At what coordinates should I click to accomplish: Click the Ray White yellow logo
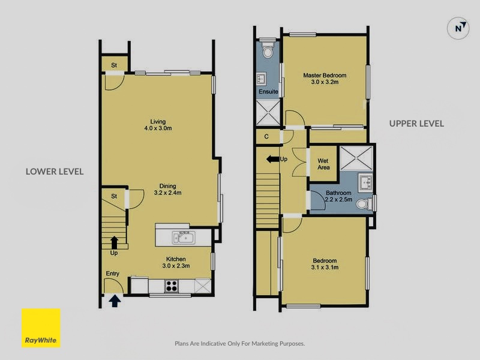coord(41,328)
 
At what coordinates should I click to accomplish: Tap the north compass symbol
coord(458,28)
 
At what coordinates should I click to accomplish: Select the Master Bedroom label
coord(325,76)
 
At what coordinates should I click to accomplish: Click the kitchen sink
coord(184,238)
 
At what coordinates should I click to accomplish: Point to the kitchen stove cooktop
coord(172,286)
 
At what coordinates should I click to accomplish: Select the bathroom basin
coord(365,182)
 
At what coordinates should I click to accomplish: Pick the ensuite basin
coord(262,79)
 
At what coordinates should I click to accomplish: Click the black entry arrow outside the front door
coord(115,301)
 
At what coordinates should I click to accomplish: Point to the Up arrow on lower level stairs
coord(114,242)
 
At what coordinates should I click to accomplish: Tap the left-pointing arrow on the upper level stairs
coord(272,159)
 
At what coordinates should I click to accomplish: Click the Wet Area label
coord(323,164)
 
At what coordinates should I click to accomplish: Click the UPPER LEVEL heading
coord(416,124)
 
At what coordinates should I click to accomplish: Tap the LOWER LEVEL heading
coord(55,172)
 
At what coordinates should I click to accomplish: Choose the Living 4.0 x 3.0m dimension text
coord(158,128)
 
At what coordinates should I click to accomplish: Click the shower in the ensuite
coord(268,112)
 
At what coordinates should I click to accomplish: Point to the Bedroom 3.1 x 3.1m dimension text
coord(325,267)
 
